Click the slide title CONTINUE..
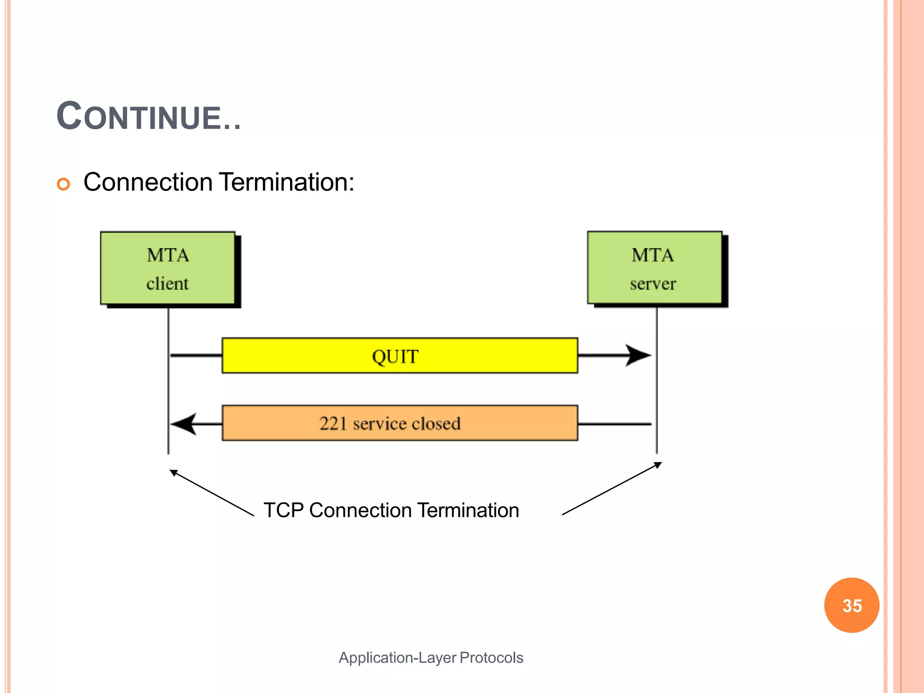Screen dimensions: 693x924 148,117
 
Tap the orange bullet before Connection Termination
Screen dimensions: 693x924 64,184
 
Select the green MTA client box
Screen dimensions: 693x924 167,268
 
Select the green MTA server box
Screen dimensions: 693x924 654,268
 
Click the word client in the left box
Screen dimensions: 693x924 167,284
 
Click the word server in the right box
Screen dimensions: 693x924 653,284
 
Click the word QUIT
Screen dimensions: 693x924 395,356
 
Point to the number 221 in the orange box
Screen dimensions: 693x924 333,423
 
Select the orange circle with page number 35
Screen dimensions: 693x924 851,605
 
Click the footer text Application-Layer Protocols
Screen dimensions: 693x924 431,657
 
